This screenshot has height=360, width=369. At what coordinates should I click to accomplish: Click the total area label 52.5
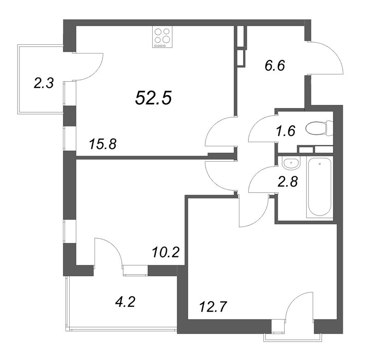point(154,98)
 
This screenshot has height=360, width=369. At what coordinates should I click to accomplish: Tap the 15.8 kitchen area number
point(102,144)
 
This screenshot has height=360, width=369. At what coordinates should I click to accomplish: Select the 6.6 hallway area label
point(275,65)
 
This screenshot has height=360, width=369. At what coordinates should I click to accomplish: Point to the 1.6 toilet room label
point(286,131)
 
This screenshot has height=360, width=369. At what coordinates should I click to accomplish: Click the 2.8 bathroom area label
point(288,181)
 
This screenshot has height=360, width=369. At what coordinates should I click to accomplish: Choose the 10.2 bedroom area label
point(166,252)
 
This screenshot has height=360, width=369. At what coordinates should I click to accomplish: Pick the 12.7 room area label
point(213,307)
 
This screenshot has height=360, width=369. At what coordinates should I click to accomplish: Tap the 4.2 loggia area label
point(125,302)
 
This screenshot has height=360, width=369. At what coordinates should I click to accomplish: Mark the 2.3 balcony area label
point(44,84)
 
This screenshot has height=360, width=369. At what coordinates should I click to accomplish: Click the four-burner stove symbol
point(162,37)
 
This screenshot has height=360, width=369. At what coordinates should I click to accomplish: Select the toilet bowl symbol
point(319,129)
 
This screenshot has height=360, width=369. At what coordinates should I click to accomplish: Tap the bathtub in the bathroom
point(320,187)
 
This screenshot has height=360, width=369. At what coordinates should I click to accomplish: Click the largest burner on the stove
point(167,38)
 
